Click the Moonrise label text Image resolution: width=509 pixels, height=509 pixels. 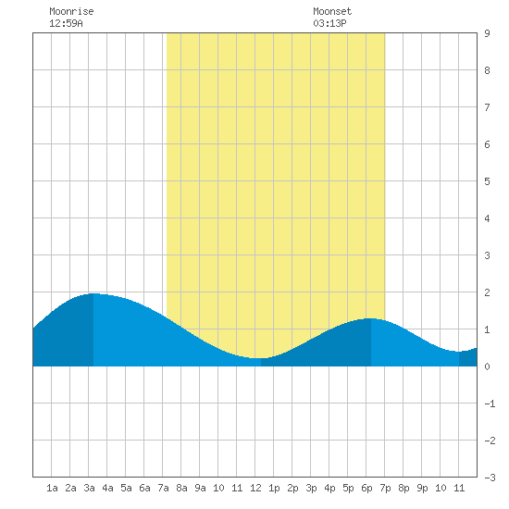(x=71, y=11)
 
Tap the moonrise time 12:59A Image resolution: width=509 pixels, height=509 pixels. (x=66, y=23)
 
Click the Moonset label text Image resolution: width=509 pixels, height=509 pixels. (x=332, y=11)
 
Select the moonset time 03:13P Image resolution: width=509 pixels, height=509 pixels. (x=329, y=23)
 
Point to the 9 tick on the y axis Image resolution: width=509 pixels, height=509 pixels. (x=487, y=33)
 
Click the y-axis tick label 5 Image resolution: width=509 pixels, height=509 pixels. (x=487, y=181)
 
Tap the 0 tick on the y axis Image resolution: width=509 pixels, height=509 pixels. (x=487, y=366)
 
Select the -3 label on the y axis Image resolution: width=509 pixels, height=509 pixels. (x=490, y=478)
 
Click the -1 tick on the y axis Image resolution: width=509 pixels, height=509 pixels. (x=490, y=403)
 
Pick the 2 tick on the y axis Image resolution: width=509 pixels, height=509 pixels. (x=487, y=292)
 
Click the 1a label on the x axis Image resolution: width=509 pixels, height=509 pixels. (x=52, y=488)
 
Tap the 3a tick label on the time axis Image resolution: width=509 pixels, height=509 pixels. (x=89, y=488)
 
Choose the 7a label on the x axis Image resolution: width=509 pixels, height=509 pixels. (x=163, y=488)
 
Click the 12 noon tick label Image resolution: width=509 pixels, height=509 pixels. (x=255, y=488)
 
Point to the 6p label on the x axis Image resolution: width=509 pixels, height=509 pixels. (x=366, y=488)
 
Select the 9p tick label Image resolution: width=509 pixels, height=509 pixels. (x=422, y=488)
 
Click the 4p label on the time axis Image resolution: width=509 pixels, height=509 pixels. (x=329, y=488)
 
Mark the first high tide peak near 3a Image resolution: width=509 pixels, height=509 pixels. (x=93, y=293)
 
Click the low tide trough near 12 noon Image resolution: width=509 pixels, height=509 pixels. (x=261, y=358)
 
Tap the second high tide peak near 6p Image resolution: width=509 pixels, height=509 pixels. (x=371, y=318)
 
